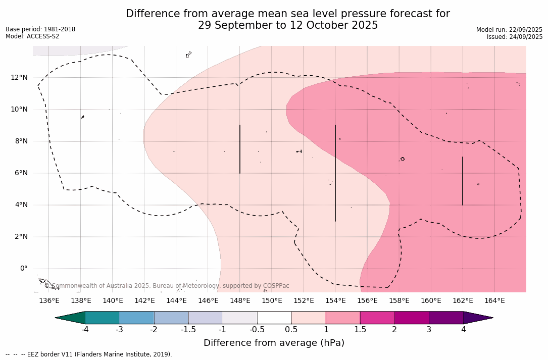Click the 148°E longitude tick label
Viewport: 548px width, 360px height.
240,301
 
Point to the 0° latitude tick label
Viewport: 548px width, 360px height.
24,269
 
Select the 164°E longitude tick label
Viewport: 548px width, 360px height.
494,301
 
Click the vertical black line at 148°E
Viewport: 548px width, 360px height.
240,149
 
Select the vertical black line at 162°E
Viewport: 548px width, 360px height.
463,181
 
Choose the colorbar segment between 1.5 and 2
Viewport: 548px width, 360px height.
377,318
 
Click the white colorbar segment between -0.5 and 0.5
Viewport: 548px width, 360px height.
274,318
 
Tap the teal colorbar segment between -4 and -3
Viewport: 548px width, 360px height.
103,318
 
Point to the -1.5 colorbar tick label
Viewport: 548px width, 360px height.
188,330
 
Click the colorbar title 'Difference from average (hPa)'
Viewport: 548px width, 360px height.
274,343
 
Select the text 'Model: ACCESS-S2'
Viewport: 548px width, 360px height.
32,36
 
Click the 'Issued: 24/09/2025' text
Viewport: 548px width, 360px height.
515,37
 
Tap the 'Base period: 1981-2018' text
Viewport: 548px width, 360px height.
40,29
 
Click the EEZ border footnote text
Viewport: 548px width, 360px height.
89,354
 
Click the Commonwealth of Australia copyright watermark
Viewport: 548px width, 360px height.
167,286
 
